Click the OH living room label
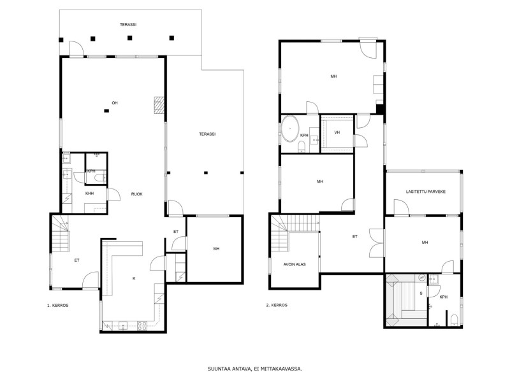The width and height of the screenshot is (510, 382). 115,103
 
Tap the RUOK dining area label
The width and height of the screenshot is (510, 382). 136,194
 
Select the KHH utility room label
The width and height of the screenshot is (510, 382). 89,194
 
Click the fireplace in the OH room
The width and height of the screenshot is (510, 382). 159,105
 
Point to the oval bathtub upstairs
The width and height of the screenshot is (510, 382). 290,129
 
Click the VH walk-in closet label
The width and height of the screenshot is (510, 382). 337,132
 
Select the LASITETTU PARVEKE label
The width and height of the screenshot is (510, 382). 425,192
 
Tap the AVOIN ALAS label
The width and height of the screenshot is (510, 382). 295,264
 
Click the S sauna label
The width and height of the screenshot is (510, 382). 421,294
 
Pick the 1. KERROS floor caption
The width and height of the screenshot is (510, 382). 57,306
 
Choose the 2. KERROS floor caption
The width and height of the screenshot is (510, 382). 277,305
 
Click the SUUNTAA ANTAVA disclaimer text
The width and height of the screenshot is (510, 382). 255,369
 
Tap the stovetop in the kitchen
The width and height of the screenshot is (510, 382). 142,325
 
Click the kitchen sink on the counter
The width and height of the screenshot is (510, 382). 123,325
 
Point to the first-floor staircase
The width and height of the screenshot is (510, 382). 61,234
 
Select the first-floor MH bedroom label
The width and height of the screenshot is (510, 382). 216,249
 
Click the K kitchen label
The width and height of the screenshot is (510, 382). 134,278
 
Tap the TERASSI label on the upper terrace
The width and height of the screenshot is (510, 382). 128,24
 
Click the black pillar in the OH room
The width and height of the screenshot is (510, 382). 106,111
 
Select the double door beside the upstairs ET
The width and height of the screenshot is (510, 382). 377,243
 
